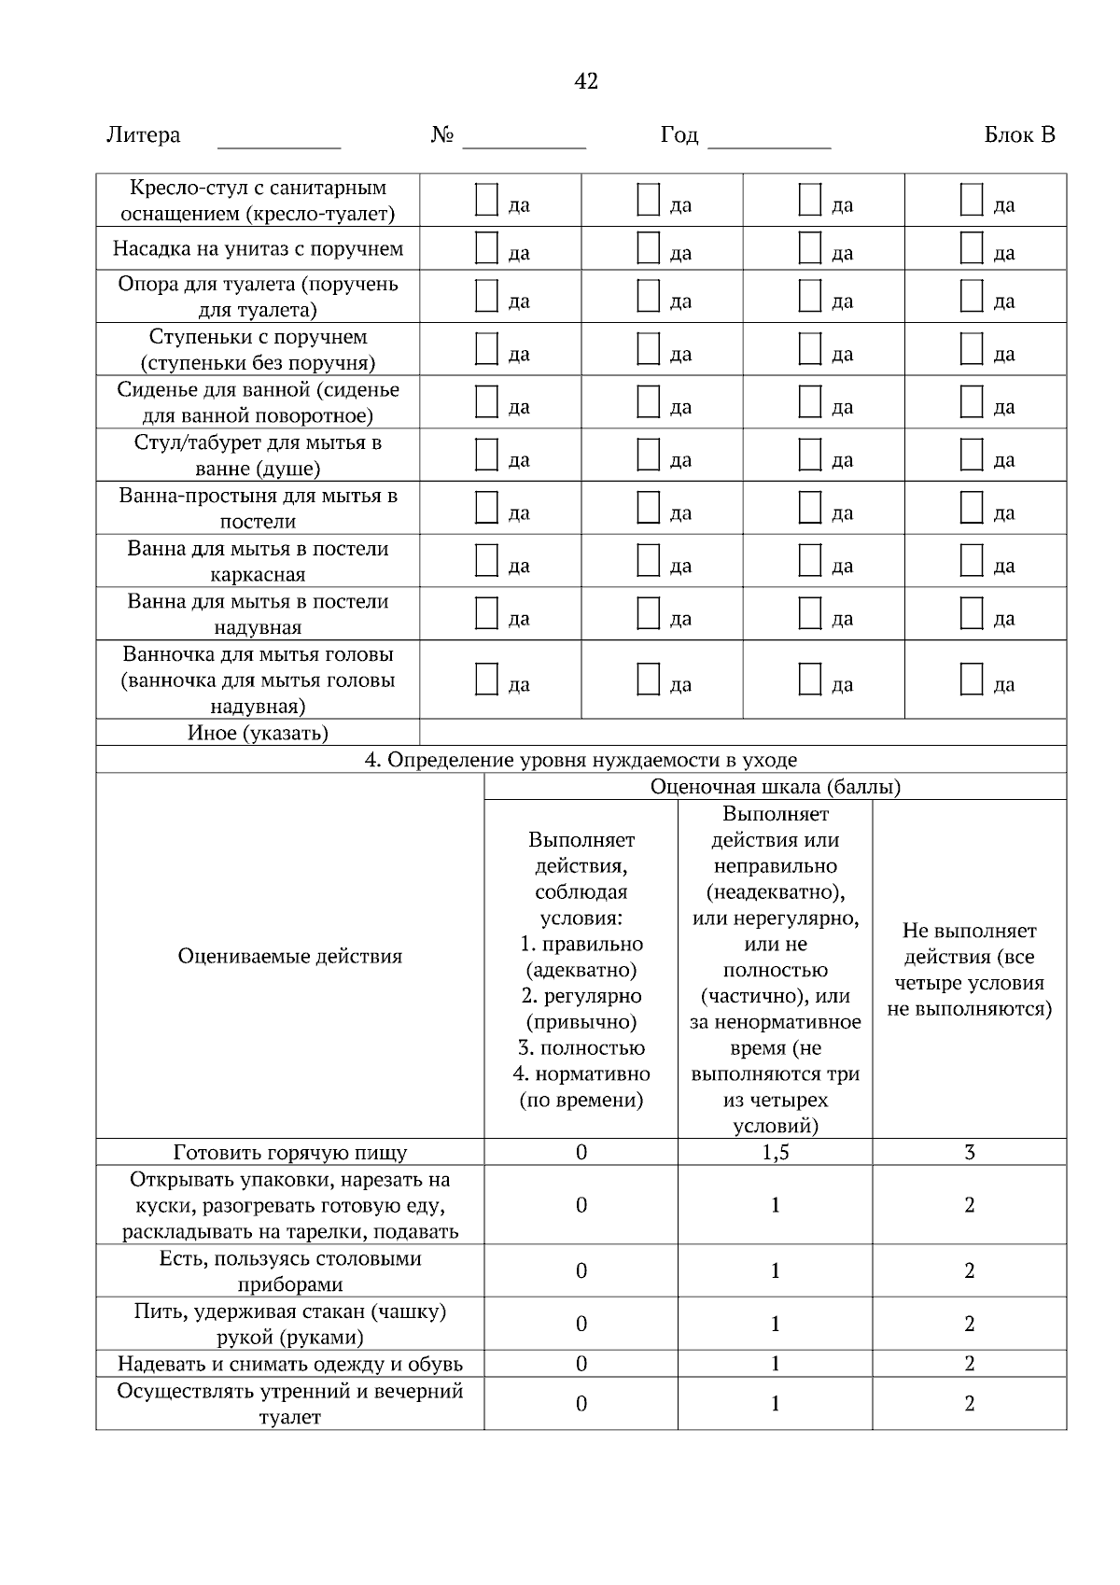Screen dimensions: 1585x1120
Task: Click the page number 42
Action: [x=586, y=81]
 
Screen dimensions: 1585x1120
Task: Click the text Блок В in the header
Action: [x=1019, y=135]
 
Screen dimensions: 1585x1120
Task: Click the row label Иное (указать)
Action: [x=258, y=733]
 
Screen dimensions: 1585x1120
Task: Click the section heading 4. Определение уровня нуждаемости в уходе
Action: [x=581, y=760]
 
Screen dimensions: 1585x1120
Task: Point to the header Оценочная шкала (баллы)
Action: [x=775, y=787]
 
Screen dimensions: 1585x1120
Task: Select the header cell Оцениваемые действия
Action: [x=289, y=956]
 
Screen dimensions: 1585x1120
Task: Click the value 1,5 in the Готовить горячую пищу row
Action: [x=775, y=1153]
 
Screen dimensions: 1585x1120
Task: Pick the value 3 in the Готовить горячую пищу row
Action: [x=969, y=1153]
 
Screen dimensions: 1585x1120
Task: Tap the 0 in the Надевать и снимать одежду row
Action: [x=581, y=1364]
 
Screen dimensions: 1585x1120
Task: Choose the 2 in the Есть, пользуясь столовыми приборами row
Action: [x=969, y=1271]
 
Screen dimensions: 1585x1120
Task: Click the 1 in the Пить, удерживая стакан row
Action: [x=775, y=1324]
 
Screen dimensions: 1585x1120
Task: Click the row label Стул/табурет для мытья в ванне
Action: [x=258, y=455]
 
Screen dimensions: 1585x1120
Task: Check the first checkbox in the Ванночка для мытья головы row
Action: [x=486, y=680]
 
